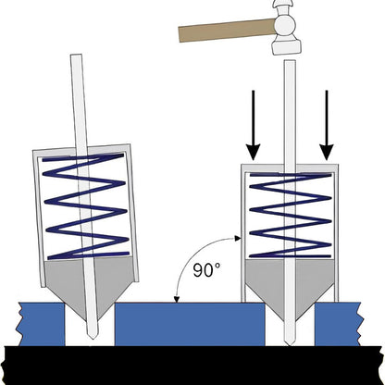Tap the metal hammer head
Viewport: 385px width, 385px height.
pos(288,29)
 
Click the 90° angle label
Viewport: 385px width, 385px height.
pos(205,272)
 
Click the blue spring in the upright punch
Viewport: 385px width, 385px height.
pos(288,217)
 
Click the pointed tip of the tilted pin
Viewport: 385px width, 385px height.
pos(91,333)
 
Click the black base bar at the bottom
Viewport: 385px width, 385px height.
pos(192,364)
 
